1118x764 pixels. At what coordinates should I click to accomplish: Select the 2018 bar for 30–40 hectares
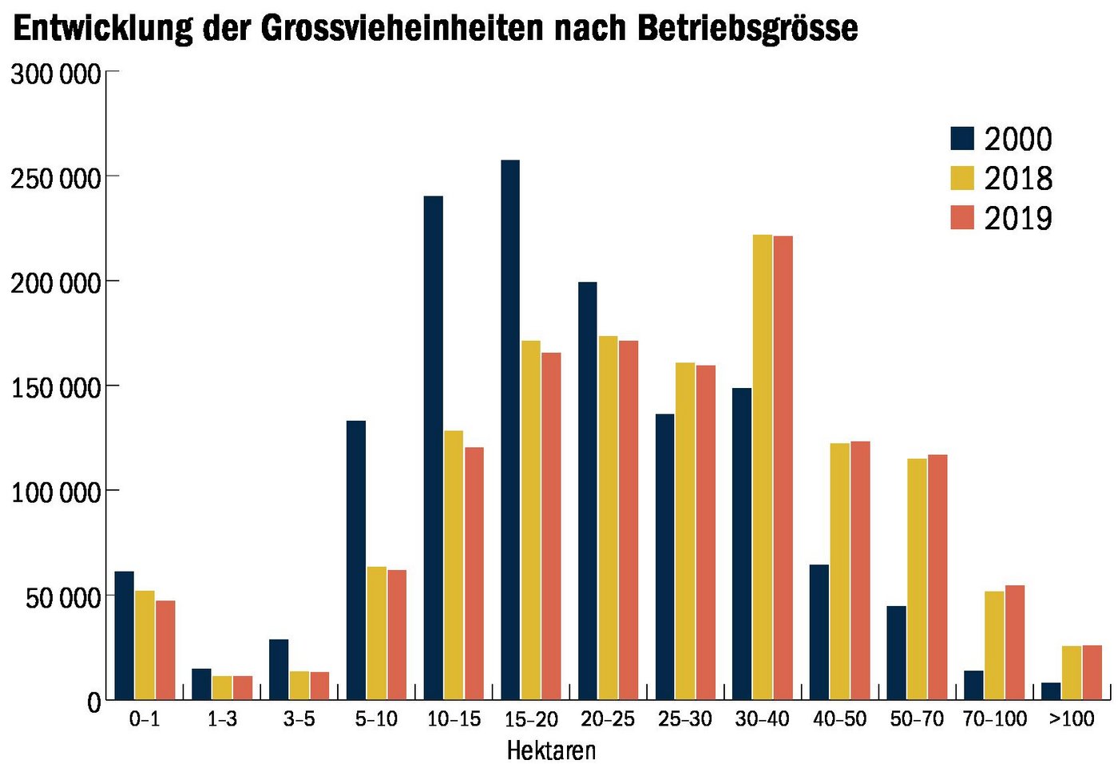(x=763, y=467)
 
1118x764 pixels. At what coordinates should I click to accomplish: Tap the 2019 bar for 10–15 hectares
(x=474, y=573)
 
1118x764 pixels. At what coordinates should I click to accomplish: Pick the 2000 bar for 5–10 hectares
(x=356, y=560)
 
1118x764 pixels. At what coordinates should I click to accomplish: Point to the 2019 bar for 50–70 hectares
(x=938, y=576)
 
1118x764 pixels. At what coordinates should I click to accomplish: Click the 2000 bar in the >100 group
(x=1052, y=691)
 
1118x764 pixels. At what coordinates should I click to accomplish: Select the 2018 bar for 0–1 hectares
(x=145, y=645)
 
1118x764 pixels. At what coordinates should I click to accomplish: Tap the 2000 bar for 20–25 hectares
(x=588, y=490)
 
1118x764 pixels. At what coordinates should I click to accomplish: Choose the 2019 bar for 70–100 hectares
(x=1015, y=642)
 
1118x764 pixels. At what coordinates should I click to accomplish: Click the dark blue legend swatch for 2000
(x=962, y=138)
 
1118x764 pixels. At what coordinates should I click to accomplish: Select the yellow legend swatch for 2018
(x=962, y=177)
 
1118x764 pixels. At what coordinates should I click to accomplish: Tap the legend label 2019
(x=1018, y=218)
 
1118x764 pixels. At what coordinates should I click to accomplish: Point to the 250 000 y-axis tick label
(x=56, y=178)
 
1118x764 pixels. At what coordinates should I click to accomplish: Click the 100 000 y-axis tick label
(x=56, y=493)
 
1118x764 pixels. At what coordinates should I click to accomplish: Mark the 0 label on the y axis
(x=94, y=703)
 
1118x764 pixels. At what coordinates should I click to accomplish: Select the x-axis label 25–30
(x=685, y=719)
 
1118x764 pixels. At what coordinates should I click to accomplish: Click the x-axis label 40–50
(x=839, y=719)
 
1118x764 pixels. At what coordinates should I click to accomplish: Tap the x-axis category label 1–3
(x=222, y=719)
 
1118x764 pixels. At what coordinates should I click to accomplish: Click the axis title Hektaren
(x=551, y=750)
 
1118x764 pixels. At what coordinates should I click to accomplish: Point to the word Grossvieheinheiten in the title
(x=402, y=28)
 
